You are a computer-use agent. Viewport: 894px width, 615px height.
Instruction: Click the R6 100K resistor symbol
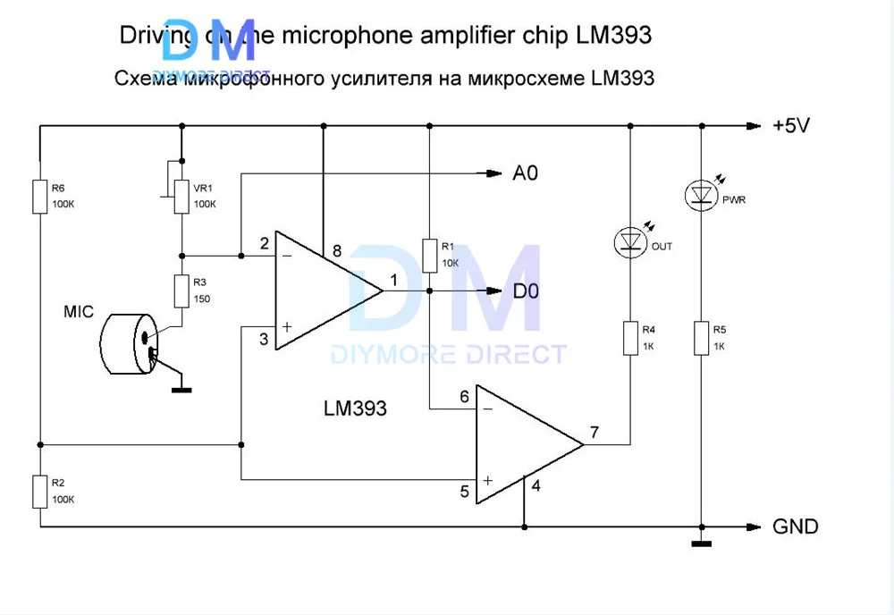pyautogui.click(x=39, y=196)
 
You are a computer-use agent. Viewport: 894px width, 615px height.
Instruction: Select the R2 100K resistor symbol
pyautogui.click(x=39, y=491)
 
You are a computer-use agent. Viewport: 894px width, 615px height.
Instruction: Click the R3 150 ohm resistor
pyautogui.click(x=181, y=291)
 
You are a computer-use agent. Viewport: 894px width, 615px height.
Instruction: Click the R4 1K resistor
pyautogui.click(x=630, y=338)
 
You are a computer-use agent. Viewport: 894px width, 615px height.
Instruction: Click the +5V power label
pyautogui.click(x=790, y=126)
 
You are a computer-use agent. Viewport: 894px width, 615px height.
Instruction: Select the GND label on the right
pyautogui.click(x=795, y=527)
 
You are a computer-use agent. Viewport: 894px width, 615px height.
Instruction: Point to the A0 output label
pyautogui.click(x=525, y=173)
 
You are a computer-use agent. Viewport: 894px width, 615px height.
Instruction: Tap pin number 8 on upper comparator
pyautogui.click(x=337, y=251)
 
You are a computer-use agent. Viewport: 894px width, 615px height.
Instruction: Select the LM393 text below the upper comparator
pyautogui.click(x=355, y=409)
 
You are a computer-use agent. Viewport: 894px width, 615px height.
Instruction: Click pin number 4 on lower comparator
pyautogui.click(x=536, y=486)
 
